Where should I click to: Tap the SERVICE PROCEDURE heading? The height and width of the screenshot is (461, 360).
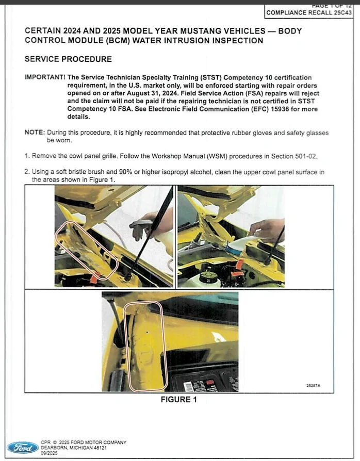point(68,59)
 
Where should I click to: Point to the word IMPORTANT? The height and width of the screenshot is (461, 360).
point(44,77)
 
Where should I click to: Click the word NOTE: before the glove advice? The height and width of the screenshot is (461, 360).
point(35,133)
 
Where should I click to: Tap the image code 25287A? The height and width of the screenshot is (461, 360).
point(313,385)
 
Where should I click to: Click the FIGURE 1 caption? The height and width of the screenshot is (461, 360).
point(178,400)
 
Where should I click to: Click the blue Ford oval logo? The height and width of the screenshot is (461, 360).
point(22,447)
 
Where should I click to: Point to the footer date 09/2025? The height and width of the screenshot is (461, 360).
point(48,453)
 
